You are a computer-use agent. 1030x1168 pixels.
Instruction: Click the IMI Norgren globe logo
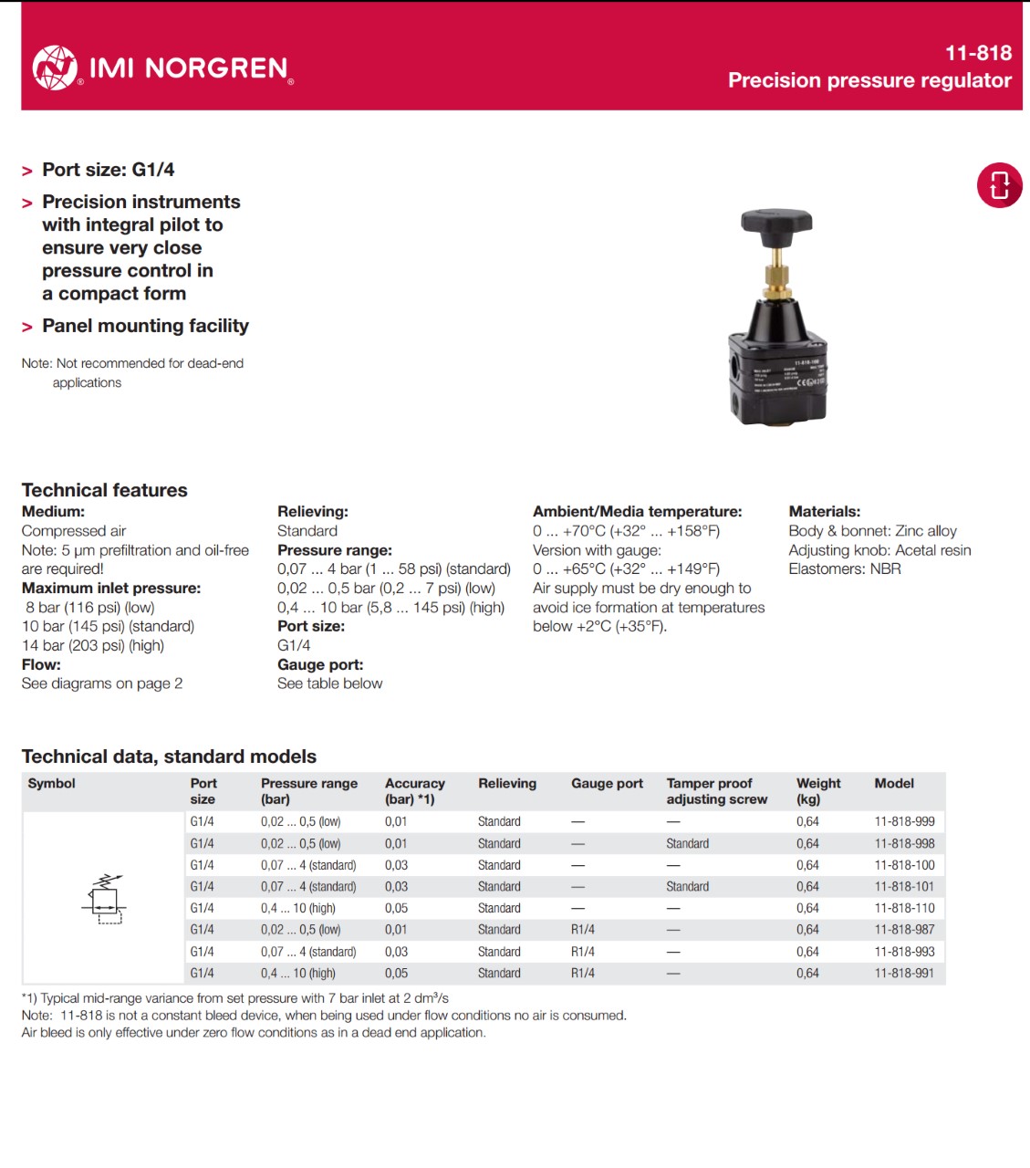pyautogui.click(x=55, y=68)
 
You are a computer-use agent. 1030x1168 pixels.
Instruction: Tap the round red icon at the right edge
pyautogui.click(x=999, y=184)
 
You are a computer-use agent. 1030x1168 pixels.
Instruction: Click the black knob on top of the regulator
pyautogui.click(x=776, y=222)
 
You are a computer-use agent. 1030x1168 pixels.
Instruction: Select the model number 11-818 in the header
pyautogui.click(x=978, y=53)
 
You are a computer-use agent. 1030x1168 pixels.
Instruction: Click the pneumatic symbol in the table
pyautogui.click(x=104, y=899)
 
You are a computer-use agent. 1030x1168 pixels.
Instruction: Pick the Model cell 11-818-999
pyautogui.click(x=904, y=821)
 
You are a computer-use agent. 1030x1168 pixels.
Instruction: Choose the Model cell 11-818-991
pyautogui.click(x=904, y=974)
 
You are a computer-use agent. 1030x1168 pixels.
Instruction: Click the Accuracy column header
pyautogui.click(x=414, y=790)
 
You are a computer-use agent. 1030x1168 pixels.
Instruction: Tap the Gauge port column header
pyautogui.click(x=607, y=783)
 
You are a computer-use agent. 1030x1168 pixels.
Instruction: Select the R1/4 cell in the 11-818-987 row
pyautogui.click(x=583, y=930)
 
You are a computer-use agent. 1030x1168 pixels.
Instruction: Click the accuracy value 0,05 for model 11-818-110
pyautogui.click(x=396, y=908)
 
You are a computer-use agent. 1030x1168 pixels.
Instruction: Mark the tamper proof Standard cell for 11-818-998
pyautogui.click(x=687, y=843)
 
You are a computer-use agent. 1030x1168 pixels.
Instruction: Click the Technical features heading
pyautogui.click(x=104, y=490)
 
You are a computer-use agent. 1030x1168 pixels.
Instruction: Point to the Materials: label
pyautogui.click(x=824, y=512)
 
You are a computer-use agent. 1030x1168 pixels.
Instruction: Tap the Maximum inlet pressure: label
pyautogui.click(x=111, y=588)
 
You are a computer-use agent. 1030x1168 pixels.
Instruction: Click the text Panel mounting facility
pyautogui.click(x=145, y=326)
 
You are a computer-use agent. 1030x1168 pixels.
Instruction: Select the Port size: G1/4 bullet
pyautogui.click(x=108, y=170)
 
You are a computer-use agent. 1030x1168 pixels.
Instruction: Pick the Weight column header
pyautogui.click(x=818, y=790)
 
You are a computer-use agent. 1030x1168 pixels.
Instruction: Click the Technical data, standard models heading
pyautogui.click(x=169, y=756)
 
